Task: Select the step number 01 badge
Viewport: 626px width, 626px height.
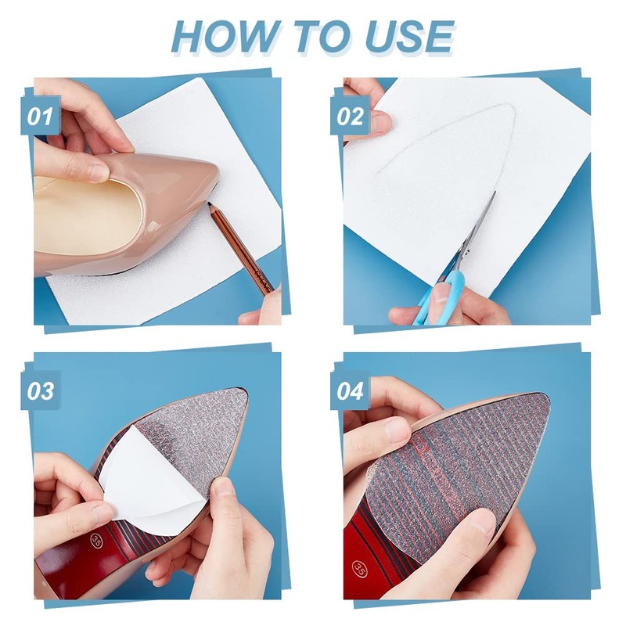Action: [x=41, y=116]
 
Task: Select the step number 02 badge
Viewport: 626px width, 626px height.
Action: [x=350, y=116]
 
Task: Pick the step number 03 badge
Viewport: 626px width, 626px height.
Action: [x=41, y=390]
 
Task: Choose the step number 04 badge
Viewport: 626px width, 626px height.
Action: [x=350, y=390]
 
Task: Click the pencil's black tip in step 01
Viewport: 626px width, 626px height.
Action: [x=209, y=204]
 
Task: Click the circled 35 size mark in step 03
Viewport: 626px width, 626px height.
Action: [x=96, y=540]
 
